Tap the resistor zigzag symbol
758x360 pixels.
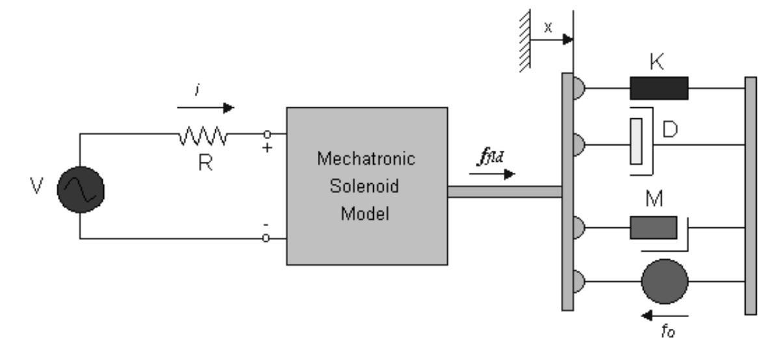(x=202, y=135)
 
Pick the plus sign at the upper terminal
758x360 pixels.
(x=266, y=148)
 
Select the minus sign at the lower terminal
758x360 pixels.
(x=265, y=224)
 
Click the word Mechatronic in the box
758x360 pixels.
(x=367, y=159)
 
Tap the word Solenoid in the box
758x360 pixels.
(x=367, y=186)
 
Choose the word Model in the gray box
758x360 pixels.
(x=367, y=214)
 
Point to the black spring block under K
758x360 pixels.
(x=658, y=88)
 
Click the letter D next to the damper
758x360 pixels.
(x=670, y=129)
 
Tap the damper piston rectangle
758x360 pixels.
(x=636, y=141)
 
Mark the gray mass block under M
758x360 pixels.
(x=653, y=227)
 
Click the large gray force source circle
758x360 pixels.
(x=664, y=281)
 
